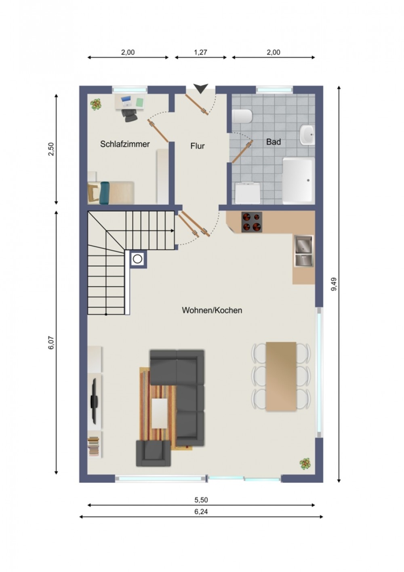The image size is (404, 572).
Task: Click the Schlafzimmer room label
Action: (x=124, y=144)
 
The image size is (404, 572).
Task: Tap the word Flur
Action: (x=198, y=146)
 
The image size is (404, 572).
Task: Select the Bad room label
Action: (x=273, y=141)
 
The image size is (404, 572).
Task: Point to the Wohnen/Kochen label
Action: (x=212, y=310)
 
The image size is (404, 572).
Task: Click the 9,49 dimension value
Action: (x=334, y=284)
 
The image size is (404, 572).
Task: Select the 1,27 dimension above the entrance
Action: (x=200, y=53)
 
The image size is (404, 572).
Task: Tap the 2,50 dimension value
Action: (x=51, y=149)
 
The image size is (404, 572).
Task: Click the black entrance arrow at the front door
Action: (x=201, y=88)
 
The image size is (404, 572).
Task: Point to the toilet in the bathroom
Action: (x=242, y=116)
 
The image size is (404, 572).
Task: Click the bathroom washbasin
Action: (x=307, y=135)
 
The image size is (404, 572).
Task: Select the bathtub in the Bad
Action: (x=299, y=180)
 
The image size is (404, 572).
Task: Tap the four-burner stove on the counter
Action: (x=252, y=222)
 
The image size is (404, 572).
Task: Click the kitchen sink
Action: (x=304, y=251)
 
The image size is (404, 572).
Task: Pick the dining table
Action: (x=281, y=376)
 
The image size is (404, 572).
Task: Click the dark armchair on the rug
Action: (x=153, y=453)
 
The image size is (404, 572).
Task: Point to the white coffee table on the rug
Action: (x=160, y=413)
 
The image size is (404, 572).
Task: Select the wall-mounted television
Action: (x=94, y=401)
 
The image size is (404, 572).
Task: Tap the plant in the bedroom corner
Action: (x=96, y=105)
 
